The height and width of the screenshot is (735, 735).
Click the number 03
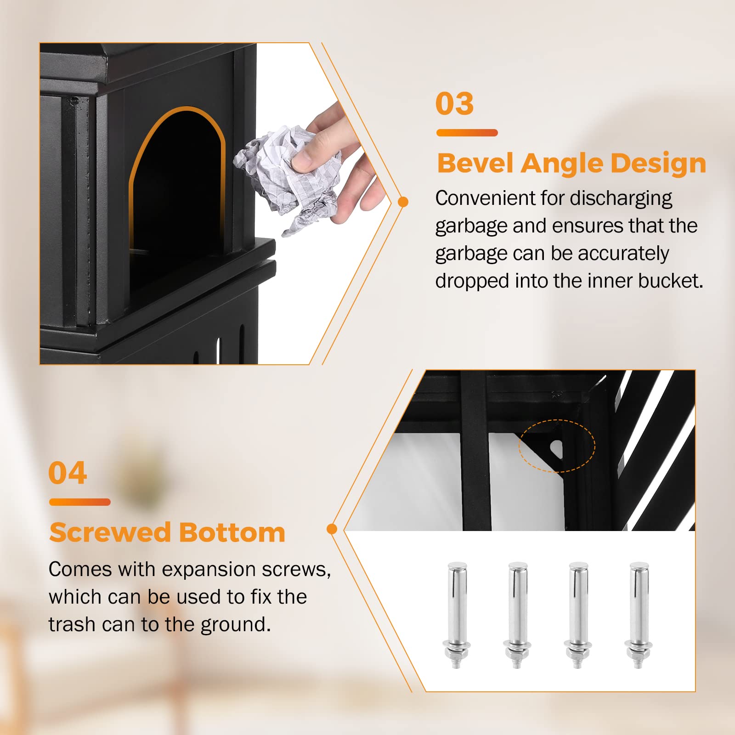[454, 103]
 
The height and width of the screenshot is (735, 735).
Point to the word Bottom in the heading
[232, 532]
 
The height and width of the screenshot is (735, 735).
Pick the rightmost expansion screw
[639, 615]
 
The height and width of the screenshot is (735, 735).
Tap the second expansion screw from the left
[517, 615]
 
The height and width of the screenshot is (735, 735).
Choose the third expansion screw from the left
[578, 615]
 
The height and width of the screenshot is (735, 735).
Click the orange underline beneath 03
[467, 133]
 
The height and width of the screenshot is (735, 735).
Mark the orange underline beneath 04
[80, 502]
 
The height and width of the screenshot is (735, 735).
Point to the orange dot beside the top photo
[403, 202]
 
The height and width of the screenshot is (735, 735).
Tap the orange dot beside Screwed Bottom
[332, 529]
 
